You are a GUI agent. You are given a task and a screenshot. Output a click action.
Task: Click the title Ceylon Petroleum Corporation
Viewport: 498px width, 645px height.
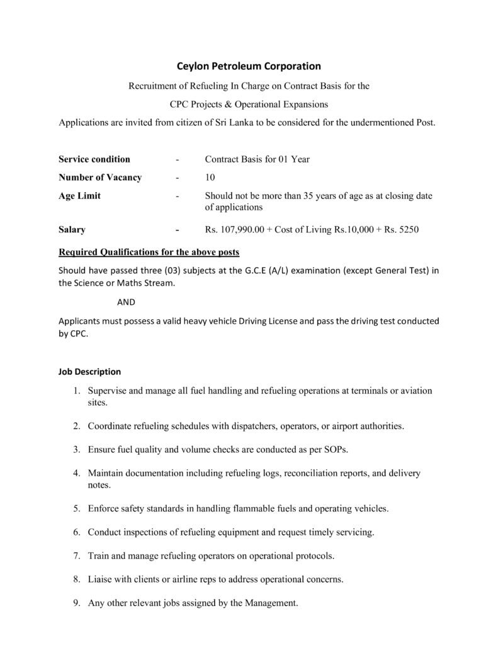[x=248, y=66]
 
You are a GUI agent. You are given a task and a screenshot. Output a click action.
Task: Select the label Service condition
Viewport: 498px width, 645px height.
[x=94, y=159]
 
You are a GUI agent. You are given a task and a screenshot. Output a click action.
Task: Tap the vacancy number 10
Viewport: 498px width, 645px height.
[x=210, y=178]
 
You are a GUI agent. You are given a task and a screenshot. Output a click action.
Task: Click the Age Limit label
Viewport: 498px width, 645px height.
[x=79, y=196]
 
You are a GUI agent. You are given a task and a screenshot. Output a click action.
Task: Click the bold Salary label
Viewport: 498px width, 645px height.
[x=72, y=230]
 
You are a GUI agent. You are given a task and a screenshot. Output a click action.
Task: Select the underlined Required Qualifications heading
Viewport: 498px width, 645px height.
[x=149, y=253]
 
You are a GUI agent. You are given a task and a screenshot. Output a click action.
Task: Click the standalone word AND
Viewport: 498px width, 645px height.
[x=126, y=302]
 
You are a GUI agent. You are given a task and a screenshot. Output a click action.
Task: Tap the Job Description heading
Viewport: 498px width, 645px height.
[x=89, y=372]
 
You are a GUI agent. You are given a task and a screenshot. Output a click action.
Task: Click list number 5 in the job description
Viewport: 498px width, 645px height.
[x=76, y=508]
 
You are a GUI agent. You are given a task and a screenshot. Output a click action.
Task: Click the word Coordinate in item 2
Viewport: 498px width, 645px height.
[x=110, y=426]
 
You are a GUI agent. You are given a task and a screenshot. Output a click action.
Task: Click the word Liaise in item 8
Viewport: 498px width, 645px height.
[x=100, y=579]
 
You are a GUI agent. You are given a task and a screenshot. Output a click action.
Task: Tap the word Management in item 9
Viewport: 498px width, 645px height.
[x=271, y=603]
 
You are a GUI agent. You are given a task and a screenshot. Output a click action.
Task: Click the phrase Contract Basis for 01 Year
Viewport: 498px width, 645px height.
[x=257, y=159]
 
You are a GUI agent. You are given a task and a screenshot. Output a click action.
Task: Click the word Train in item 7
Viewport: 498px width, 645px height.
[x=98, y=556]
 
